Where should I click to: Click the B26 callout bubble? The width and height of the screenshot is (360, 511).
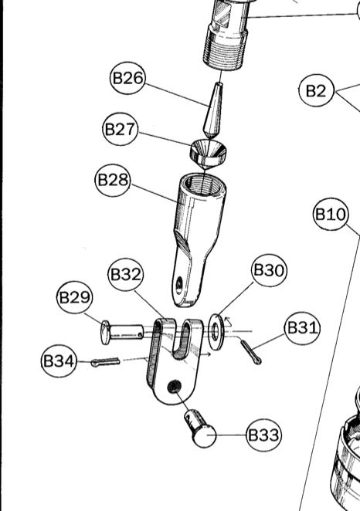(127, 78)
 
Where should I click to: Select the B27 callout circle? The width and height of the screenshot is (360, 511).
(120, 129)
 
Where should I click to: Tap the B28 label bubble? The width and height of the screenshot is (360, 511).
(113, 180)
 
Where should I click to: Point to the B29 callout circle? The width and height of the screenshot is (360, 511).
(74, 297)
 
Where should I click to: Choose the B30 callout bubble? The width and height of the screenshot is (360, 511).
(269, 270)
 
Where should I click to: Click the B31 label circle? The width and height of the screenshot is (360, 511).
(302, 328)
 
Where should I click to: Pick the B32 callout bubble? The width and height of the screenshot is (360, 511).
(126, 275)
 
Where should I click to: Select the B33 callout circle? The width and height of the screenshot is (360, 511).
(263, 435)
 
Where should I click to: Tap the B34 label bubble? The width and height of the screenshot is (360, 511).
(59, 361)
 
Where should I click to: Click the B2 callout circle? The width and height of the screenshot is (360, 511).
(317, 90)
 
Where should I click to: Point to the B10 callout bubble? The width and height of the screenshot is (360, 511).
(331, 215)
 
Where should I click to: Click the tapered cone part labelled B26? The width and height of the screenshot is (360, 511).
(213, 110)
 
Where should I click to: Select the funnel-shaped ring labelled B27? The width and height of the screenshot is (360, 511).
(209, 153)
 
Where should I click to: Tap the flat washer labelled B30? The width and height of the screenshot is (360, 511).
(216, 332)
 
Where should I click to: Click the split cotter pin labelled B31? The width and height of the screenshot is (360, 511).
(251, 352)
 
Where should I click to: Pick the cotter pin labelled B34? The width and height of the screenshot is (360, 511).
(105, 362)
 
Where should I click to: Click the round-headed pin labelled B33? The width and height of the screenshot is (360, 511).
(200, 428)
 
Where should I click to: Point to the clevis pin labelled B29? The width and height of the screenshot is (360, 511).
(121, 333)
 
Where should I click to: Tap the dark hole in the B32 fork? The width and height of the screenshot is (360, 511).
(174, 387)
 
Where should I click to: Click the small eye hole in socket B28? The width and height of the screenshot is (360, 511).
(178, 285)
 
